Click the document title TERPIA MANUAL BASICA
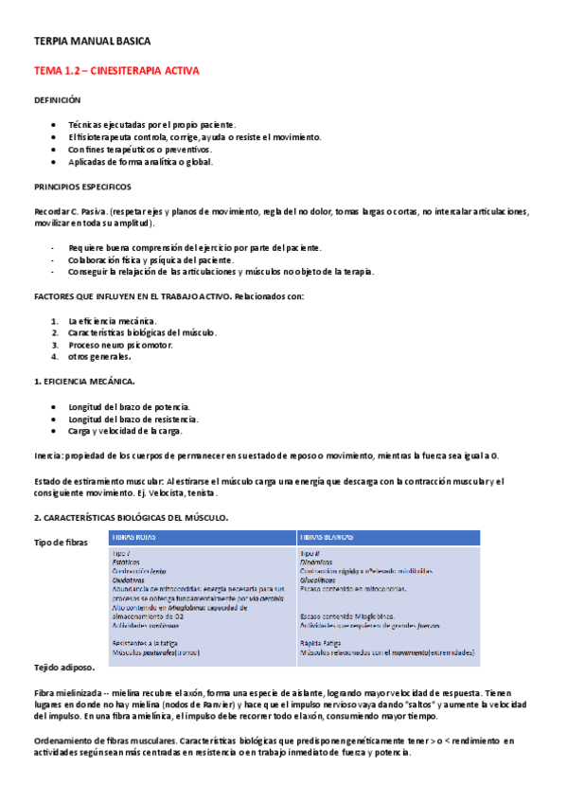click(92, 42)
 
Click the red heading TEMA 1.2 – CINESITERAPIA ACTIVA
click(116, 71)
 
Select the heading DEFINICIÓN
click(58, 99)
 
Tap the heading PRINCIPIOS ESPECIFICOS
click(82, 187)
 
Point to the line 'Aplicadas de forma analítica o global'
click(140, 162)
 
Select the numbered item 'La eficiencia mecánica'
click(113, 321)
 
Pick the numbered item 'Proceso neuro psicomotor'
click(120, 345)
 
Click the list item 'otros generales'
click(99, 357)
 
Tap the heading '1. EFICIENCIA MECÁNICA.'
click(84, 381)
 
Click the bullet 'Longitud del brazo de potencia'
click(130, 406)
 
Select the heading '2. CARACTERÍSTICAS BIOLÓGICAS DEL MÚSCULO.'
click(131, 517)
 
